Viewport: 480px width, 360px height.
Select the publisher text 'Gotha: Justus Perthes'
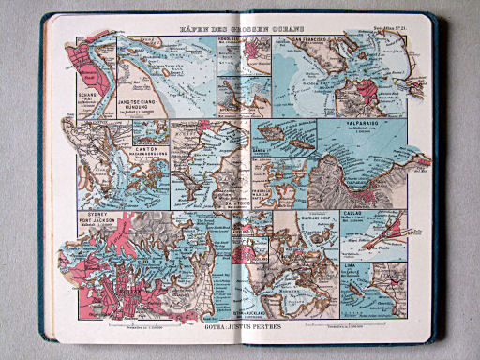pyautogui.click(x=240, y=329)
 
